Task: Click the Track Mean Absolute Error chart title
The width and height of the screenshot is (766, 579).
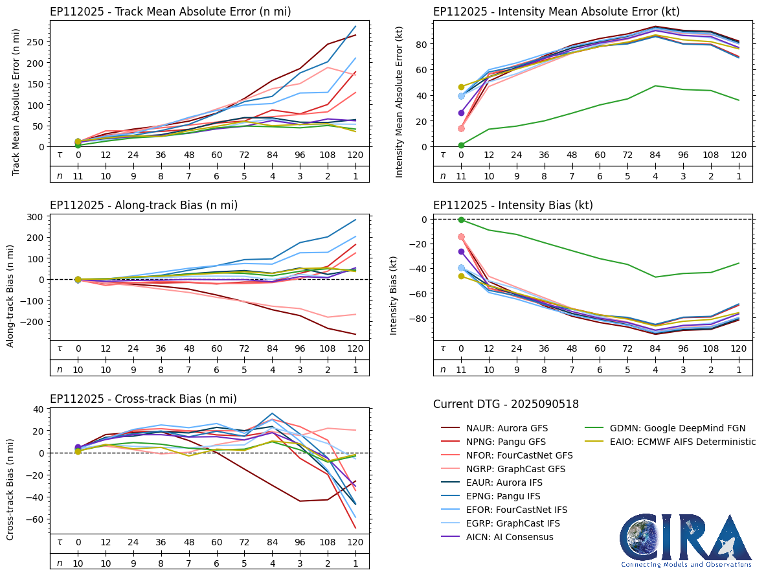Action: pos(170,12)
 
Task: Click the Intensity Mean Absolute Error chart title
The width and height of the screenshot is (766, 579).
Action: pos(556,12)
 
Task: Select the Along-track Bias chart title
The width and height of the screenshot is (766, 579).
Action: pos(144,205)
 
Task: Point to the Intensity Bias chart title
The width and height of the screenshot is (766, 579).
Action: pos(513,205)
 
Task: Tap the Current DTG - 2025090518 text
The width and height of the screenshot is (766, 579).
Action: pos(506,404)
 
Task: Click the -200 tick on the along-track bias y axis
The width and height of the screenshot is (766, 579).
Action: pos(33,322)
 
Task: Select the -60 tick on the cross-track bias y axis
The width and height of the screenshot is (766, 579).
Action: pos(36,519)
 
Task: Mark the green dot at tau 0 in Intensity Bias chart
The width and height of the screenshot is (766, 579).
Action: pos(461,220)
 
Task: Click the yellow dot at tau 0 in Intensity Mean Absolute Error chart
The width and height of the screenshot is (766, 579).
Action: pos(461,87)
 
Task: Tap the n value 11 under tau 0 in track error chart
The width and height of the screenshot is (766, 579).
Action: pos(78,176)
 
